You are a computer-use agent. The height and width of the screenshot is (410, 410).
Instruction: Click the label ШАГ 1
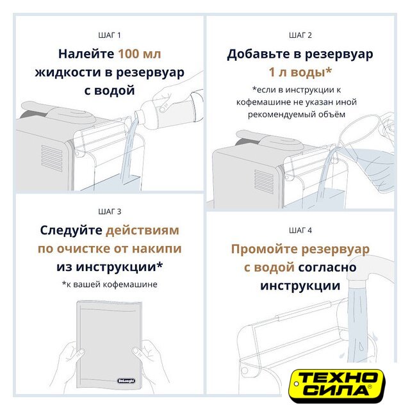110,35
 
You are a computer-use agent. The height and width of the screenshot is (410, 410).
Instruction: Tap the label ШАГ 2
300,35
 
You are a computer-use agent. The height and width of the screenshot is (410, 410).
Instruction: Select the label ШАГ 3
110,211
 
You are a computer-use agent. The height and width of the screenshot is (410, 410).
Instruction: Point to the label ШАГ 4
300,231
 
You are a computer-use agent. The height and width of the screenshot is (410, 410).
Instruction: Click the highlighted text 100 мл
140,54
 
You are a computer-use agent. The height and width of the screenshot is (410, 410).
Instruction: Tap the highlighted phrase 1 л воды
300,72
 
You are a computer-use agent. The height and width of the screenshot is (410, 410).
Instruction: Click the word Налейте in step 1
86,54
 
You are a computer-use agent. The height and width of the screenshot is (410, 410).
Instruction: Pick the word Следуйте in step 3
71,231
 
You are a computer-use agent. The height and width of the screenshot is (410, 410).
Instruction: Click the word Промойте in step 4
265,249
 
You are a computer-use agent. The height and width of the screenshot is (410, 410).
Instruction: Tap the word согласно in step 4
327,268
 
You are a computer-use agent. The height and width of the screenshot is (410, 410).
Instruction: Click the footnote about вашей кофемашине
110,284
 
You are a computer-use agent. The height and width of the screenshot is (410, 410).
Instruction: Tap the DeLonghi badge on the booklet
126,381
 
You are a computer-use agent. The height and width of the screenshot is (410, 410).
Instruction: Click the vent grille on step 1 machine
52,158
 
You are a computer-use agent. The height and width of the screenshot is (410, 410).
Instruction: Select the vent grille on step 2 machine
264,182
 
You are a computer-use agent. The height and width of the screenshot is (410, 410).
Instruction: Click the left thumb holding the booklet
79,353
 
